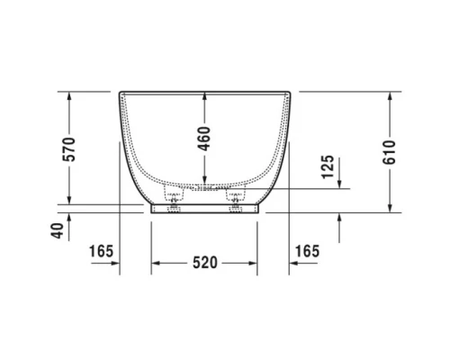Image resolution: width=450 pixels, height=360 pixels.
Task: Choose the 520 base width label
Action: coord(205,264)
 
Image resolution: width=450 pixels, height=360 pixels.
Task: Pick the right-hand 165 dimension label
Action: coord(308,248)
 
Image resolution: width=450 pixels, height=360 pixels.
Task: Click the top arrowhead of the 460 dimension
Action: coord(204,95)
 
